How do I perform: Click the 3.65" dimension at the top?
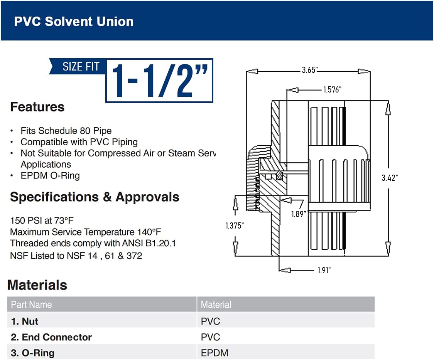[x=310, y=70]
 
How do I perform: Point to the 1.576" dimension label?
[x=332, y=89]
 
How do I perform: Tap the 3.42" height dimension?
[x=390, y=178]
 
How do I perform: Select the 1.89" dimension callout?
[x=299, y=214]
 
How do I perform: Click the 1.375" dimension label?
[x=235, y=225]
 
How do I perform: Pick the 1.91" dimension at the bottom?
[x=324, y=270]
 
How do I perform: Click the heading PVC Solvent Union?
[x=74, y=22]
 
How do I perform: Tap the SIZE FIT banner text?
[x=81, y=67]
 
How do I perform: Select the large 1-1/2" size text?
[x=159, y=81]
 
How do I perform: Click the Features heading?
[x=37, y=107]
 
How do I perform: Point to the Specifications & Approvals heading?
[x=95, y=197]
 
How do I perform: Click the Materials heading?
[x=37, y=285]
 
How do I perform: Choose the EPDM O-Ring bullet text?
[x=51, y=176]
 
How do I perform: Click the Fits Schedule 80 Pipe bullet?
[x=66, y=131]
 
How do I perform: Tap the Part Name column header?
[x=31, y=304]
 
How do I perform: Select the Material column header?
[x=216, y=304]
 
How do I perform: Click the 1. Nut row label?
[x=25, y=321]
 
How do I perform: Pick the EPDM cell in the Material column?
[x=214, y=353]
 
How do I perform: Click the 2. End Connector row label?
[x=51, y=337]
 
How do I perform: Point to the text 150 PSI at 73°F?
[x=42, y=220]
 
